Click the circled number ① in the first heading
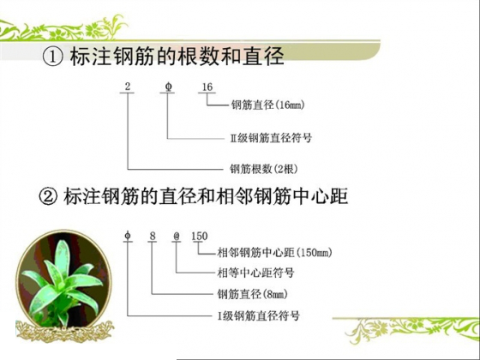[x=51, y=59]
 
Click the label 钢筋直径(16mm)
[x=268, y=107]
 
